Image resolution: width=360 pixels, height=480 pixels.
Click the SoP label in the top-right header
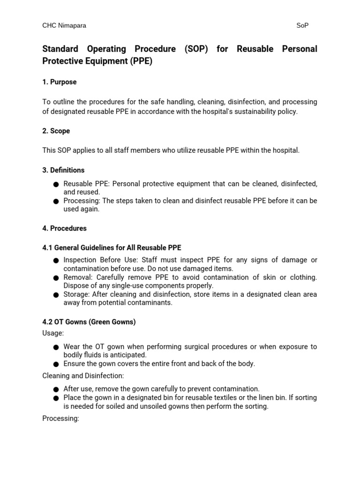(x=302, y=26)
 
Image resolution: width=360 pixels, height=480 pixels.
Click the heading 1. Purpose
(x=60, y=82)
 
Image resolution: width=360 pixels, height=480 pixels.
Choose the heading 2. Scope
(x=56, y=131)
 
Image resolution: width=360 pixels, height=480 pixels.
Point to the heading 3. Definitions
(x=63, y=170)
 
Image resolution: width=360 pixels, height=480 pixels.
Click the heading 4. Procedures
(x=64, y=228)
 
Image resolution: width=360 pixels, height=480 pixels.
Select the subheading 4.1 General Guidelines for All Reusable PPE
(x=112, y=247)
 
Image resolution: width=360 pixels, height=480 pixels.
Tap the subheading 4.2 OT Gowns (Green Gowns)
(x=89, y=322)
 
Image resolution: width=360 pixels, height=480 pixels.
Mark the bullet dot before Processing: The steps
(x=56, y=202)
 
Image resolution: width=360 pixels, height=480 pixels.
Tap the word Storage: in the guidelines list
(x=77, y=294)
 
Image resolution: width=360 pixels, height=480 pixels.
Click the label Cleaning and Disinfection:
(x=83, y=375)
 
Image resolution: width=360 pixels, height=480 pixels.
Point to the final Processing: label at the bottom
(x=60, y=418)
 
